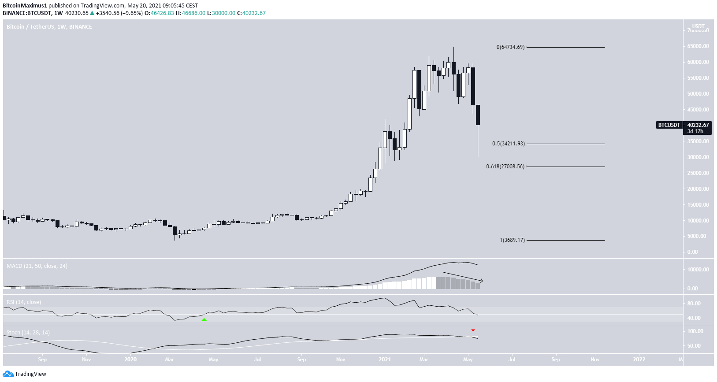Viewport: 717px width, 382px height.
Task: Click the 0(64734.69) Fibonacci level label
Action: pos(510,47)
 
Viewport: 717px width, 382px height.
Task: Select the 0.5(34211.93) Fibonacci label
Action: pos(508,144)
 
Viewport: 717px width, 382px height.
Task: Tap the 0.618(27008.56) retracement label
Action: pos(505,167)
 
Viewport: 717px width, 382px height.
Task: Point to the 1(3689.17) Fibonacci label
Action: pos(512,240)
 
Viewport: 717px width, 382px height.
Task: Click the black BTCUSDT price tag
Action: pos(669,125)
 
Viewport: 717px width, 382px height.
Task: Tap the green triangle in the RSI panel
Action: pos(204,319)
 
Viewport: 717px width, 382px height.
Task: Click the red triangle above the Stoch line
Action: pos(473,330)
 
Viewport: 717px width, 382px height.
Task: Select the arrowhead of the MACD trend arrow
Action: pos(481,280)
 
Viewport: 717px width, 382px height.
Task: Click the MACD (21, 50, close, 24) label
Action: pos(37,266)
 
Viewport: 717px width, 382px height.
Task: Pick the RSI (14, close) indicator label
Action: pos(24,302)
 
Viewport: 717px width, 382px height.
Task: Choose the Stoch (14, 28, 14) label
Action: pos(28,333)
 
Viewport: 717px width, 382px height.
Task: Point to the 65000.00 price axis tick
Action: pos(698,46)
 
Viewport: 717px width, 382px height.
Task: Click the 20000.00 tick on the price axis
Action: pos(698,189)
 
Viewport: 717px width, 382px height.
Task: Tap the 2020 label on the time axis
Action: pos(130,360)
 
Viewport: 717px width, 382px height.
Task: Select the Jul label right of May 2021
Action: pos(512,360)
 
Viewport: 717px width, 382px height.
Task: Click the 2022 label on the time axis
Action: pos(639,360)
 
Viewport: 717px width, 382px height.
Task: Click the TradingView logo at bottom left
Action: pos(25,374)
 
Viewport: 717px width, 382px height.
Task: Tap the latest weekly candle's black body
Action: pos(478,115)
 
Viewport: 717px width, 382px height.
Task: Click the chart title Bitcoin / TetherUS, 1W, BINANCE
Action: pos(49,27)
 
